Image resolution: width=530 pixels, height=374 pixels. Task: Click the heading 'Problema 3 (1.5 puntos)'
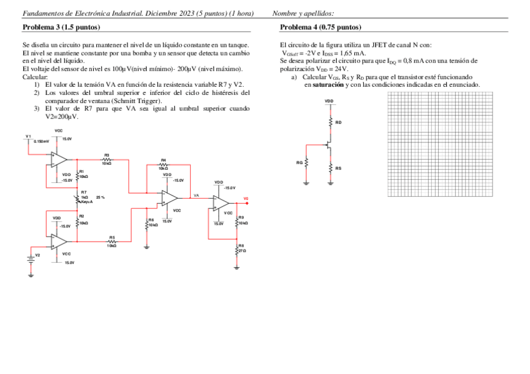pos(61,27)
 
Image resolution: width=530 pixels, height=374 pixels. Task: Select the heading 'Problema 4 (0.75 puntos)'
pos(321,27)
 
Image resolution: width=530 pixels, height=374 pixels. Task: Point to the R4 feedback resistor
pos(163,164)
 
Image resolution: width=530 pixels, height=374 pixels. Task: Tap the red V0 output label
pos(246,199)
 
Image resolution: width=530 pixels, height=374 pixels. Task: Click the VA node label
pos(196,195)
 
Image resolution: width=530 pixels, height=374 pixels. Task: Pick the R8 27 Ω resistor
pos(237,249)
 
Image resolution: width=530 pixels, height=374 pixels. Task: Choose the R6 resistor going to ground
pos(146,224)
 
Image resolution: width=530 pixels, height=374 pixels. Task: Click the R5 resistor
pos(111,241)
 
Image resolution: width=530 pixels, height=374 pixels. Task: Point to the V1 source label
pos(28,136)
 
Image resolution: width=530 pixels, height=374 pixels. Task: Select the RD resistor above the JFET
pos(330,122)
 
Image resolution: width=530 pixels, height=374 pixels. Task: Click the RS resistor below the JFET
pos(330,168)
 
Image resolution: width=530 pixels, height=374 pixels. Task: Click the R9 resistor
pos(237,220)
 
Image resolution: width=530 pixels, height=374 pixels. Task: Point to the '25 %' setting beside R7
pos(100,197)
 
